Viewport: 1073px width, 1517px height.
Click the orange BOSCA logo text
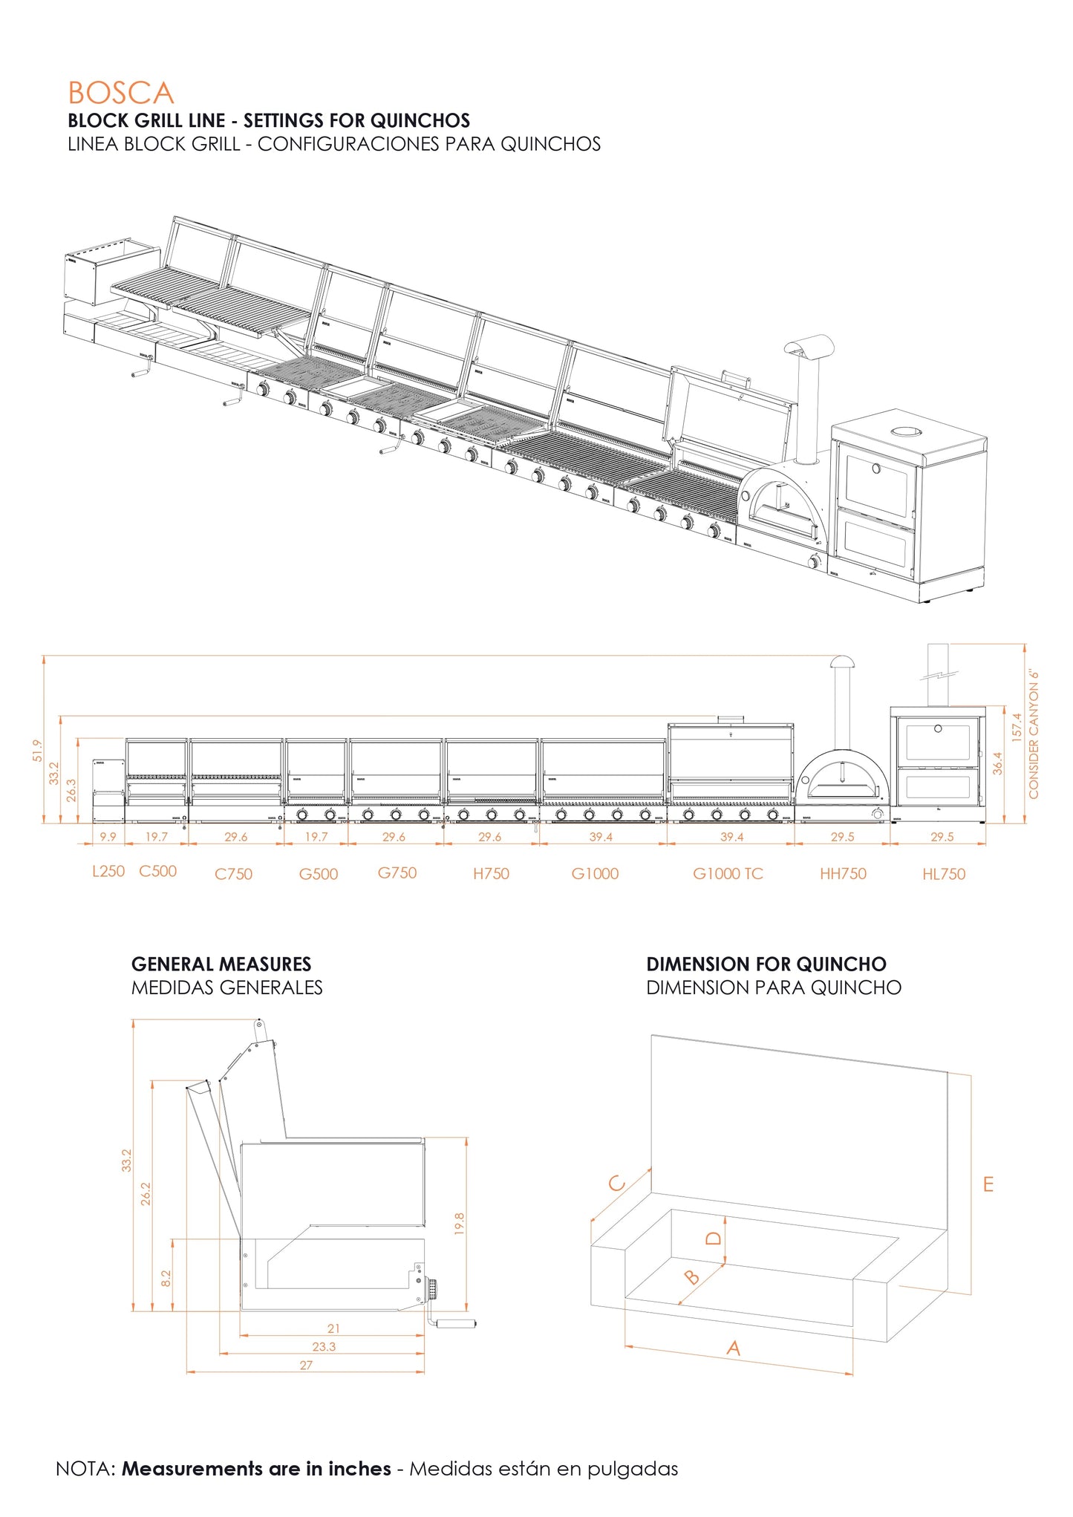120,94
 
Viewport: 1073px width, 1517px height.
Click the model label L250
108,871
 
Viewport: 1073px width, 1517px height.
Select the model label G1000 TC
728,874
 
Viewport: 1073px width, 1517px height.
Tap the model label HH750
843,874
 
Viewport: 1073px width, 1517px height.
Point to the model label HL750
944,875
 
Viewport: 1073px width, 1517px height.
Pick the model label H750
491,874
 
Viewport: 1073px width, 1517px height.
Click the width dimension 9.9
108,837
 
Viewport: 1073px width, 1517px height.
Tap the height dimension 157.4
1017,727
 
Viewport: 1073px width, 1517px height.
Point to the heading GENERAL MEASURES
221,965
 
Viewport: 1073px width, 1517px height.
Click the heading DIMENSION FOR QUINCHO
766,965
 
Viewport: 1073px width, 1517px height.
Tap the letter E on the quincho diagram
988,1184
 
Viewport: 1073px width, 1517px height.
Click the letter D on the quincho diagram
713,1238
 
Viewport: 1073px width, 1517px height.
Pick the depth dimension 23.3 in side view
324,1346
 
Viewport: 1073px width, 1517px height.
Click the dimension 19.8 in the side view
459,1223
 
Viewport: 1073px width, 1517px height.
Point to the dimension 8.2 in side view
166,1278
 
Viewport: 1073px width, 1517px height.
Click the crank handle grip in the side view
455,1323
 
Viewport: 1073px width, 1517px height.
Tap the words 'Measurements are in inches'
256,1469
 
